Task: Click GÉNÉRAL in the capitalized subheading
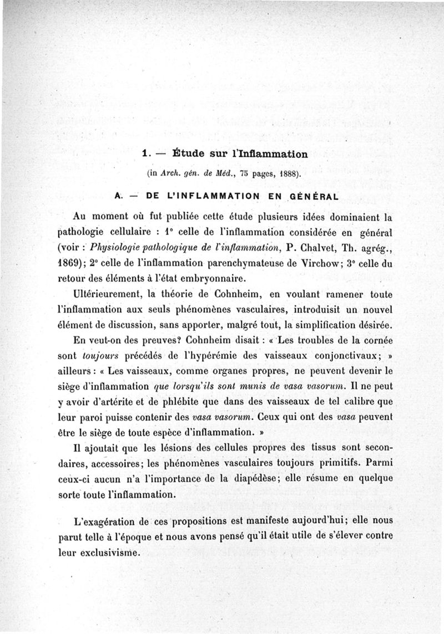point(308,196)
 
